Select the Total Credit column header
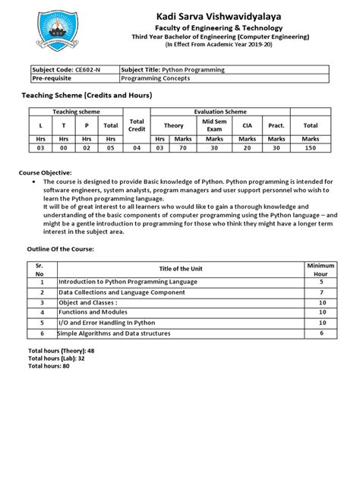pyautogui.click(x=137, y=125)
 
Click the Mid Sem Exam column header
pyautogui.click(x=213, y=125)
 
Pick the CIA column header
pyautogui.click(x=247, y=125)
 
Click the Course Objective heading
pyautogui.click(x=49, y=173)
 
